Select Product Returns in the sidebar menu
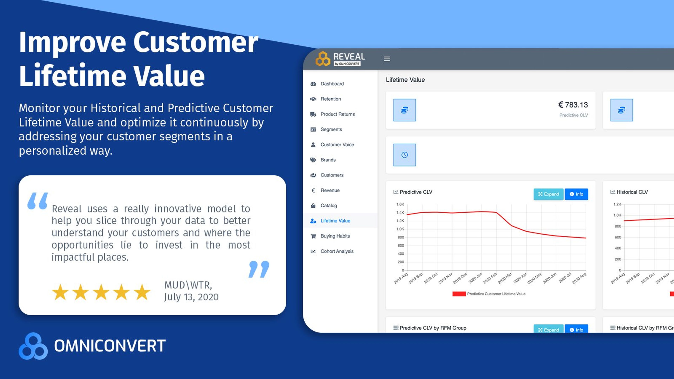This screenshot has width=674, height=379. pos(338,114)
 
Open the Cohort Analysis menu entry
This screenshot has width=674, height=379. pos(337,251)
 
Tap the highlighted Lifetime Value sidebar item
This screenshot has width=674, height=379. pos(335,221)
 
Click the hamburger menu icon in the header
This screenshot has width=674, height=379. pos(387,59)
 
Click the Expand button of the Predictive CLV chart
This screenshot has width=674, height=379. pos(548,194)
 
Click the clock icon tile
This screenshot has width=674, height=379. pos(404,155)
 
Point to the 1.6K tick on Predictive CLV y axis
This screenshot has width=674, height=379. pos(400,204)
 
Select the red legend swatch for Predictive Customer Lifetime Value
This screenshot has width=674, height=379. pos(459,294)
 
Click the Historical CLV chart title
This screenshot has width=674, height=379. pos(632,192)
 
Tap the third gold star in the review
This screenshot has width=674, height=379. pos(101,292)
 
